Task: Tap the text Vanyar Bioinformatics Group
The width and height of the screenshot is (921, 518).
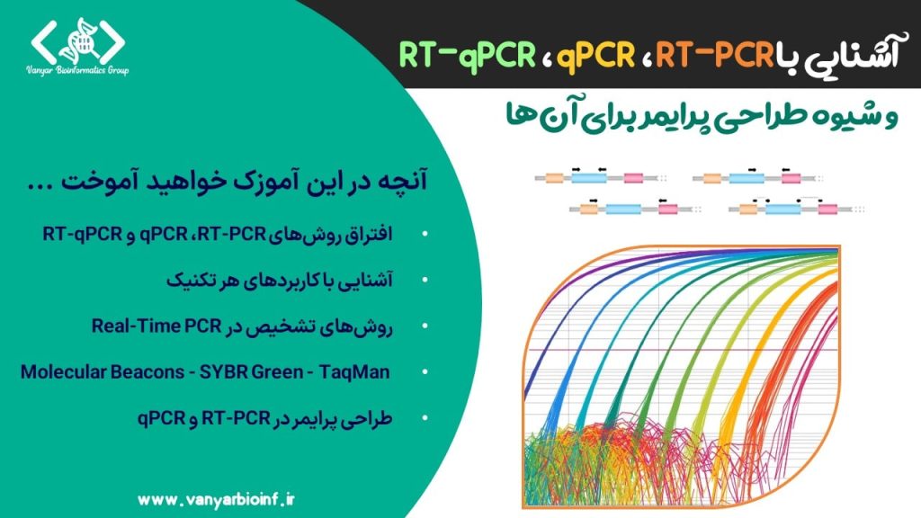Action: coord(77,70)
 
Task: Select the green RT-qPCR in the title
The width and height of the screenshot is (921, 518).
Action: coord(468,55)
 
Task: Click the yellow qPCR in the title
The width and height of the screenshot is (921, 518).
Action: coord(595,55)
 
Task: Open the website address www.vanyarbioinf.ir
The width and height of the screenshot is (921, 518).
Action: coord(216,500)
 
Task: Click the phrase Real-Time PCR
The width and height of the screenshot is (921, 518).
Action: coord(156,326)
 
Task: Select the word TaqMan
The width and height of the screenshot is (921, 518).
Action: coord(354,371)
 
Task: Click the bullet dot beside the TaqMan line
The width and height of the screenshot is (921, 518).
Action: coord(425,371)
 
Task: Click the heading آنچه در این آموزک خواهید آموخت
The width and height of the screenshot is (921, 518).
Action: coord(228,180)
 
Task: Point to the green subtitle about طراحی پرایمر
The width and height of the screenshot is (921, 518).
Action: coord(702,116)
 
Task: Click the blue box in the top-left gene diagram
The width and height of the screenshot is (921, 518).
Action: coord(589,177)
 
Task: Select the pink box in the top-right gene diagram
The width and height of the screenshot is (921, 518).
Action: coord(791,178)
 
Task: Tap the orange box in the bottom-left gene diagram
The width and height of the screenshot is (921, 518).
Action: coord(588,209)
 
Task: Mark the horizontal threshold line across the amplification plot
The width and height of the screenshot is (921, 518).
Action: coord(682,350)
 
